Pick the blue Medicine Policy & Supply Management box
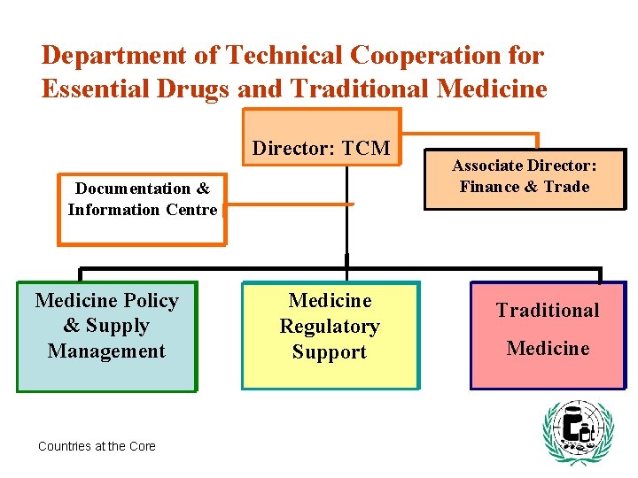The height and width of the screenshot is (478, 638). (106, 336)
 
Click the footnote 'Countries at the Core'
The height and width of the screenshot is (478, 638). (97, 446)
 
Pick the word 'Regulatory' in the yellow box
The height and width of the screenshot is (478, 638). (330, 327)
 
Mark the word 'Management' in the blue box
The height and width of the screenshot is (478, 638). (106, 351)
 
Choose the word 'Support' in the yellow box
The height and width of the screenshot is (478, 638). (330, 352)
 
